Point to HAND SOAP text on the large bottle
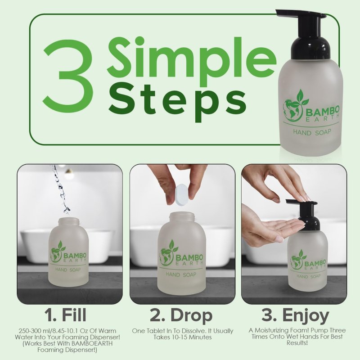[312, 132]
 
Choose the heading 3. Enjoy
[296, 316]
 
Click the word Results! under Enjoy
[297, 343]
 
